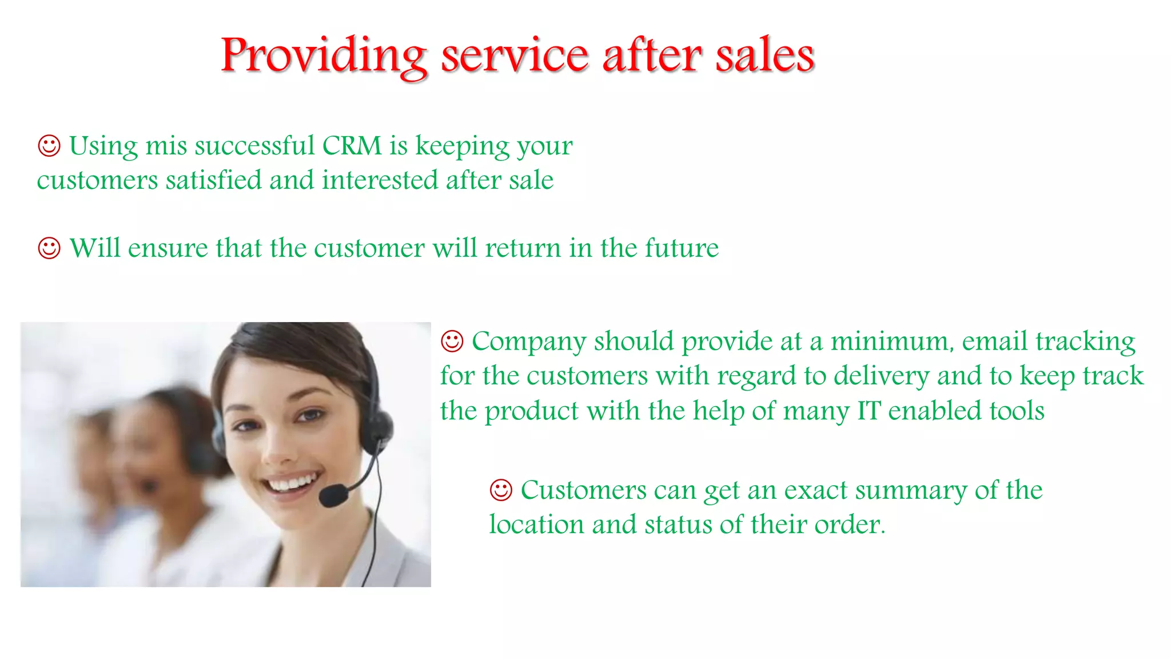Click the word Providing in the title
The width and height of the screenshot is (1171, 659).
pos(324,56)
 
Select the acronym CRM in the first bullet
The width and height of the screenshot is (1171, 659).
pos(352,146)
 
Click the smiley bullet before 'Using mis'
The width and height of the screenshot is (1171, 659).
pos(49,146)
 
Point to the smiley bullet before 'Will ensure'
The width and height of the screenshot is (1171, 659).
pos(49,248)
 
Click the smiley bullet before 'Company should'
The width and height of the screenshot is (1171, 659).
pos(452,342)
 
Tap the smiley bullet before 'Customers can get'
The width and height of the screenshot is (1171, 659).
pos(501,490)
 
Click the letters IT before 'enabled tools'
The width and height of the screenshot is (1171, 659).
pos(869,411)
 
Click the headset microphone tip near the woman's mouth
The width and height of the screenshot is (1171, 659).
pos(333,495)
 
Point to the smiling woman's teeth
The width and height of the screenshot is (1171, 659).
pos(293,483)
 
